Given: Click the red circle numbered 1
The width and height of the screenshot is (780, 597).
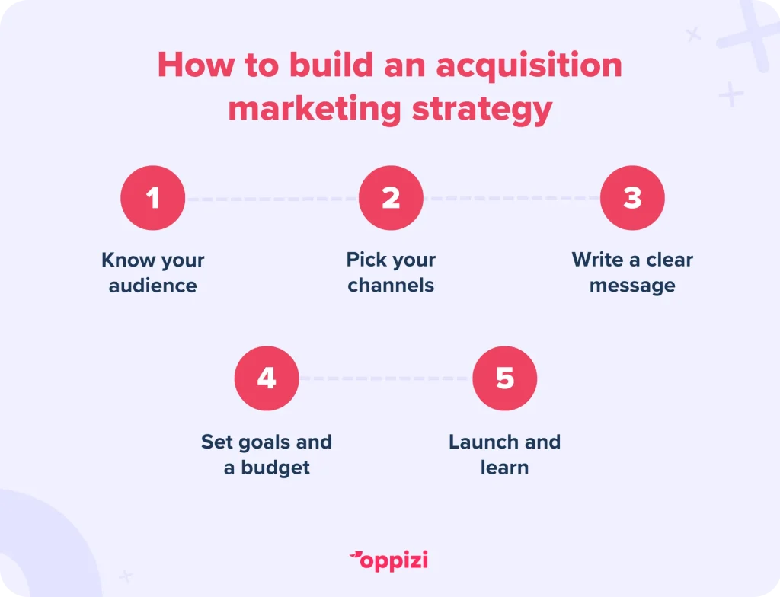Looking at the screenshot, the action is pos(152,198).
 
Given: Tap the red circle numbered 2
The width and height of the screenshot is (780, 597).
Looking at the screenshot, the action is pos(391,198).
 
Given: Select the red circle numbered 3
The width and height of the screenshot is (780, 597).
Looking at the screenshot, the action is pos(632,198).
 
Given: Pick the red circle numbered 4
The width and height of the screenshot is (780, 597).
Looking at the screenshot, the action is pos(267,378).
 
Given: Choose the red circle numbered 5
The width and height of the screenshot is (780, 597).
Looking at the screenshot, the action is pos(505,378).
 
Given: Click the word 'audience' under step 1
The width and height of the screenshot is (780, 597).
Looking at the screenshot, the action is pos(152,286).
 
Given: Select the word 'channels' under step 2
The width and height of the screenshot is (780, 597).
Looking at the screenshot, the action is pos(391,285).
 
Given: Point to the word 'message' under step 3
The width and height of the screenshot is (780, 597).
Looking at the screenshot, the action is pos(632,286).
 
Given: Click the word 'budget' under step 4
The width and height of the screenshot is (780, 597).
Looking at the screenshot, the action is pos(276,468).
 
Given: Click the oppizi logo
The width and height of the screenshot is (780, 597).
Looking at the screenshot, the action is pos(388,561).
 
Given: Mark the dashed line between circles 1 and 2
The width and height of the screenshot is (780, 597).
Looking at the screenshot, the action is pos(272,199).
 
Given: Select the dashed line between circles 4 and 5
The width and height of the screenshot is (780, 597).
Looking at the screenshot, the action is pos(385,378).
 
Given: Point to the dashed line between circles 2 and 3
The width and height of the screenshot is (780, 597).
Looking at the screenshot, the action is pos(511,198).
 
